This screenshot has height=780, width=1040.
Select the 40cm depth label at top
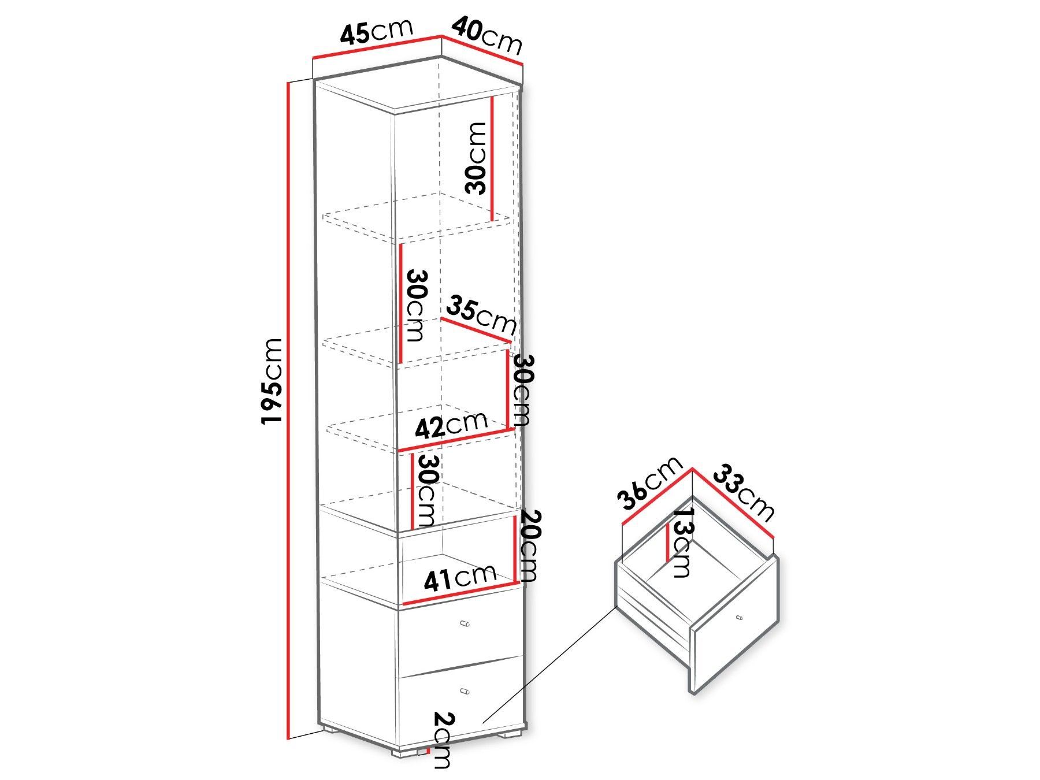coord(486,35)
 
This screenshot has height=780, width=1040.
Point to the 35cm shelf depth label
coord(480,315)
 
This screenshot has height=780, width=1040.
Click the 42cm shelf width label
coord(455,425)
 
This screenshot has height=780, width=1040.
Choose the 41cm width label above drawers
coord(459,577)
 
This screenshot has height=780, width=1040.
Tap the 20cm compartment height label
coord(528,545)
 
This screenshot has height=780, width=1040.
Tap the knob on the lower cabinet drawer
coord(465,691)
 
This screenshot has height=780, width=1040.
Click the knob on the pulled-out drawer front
coord(739,618)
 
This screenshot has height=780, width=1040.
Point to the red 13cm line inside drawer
coord(669,542)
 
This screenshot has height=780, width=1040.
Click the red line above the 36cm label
coord(656,497)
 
